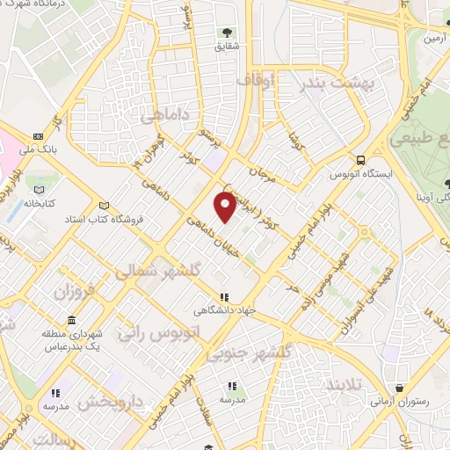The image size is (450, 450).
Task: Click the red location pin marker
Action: point(226,206)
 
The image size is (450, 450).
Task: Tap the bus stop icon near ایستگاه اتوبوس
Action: point(360,159)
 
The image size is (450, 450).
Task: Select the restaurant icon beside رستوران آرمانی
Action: point(400,388)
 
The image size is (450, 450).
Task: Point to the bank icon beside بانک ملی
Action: point(39,136)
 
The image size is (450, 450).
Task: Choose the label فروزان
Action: point(76,291)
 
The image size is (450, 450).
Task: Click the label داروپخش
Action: point(109,403)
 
